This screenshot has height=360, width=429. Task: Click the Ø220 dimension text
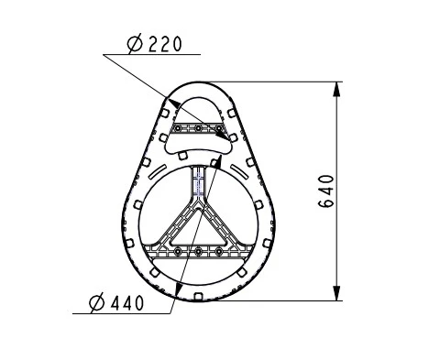[x=154, y=44]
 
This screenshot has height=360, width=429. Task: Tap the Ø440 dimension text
[x=116, y=303]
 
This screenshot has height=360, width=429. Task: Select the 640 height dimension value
[x=326, y=191]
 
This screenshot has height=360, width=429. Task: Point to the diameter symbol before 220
[x=135, y=44]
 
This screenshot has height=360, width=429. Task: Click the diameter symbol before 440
[x=97, y=303]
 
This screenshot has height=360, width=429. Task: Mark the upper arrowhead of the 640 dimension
[x=336, y=89]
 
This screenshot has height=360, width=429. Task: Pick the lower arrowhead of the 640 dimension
[x=336, y=293]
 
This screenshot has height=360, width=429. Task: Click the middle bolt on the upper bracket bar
[x=198, y=128]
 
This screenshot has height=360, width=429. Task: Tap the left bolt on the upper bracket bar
[x=178, y=128]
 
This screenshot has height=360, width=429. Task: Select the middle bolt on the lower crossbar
[x=198, y=252]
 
